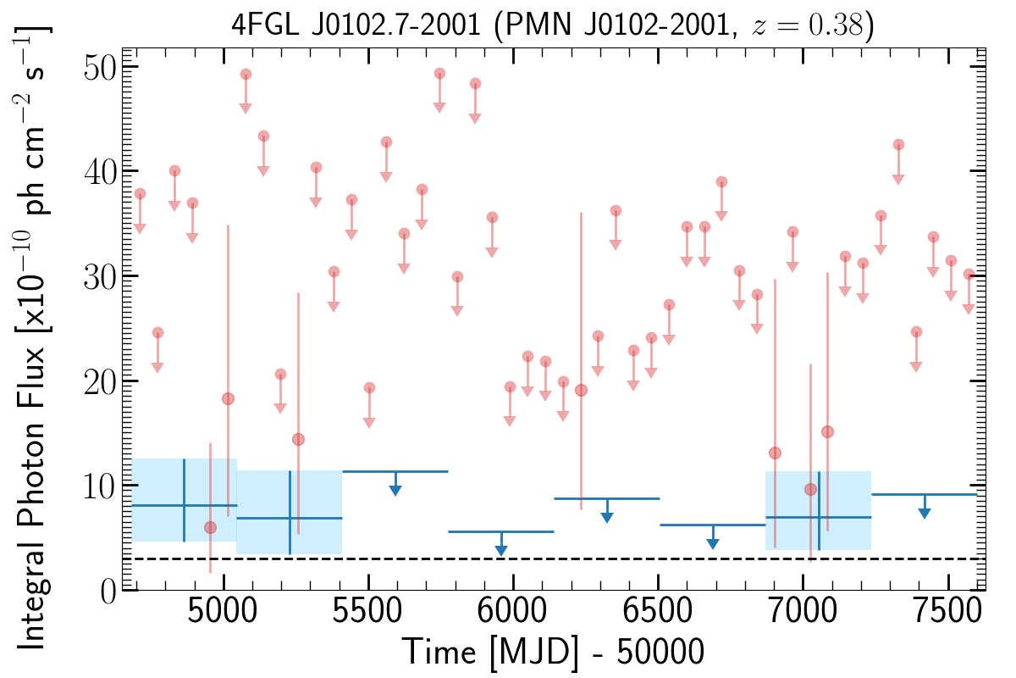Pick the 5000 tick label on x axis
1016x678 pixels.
[223, 617]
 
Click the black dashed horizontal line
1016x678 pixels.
[593, 559]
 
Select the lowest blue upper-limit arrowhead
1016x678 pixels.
[501, 551]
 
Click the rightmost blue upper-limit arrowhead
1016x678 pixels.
[925, 513]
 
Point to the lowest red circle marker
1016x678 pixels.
[210, 528]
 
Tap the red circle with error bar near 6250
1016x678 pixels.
[581, 390]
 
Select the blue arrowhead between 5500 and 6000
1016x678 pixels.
[395, 490]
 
